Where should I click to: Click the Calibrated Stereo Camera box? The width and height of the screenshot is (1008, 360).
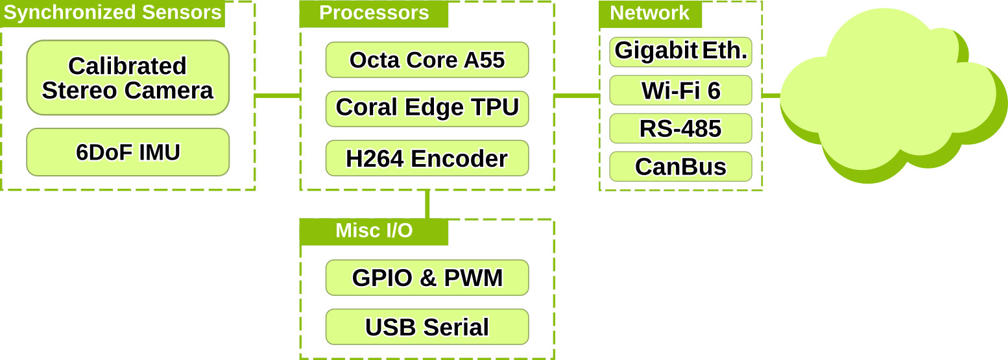[x=128, y=78]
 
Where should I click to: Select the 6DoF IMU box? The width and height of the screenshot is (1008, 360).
[x=128, y=152]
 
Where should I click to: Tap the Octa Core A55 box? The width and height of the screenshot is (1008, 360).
[x=427, y=60]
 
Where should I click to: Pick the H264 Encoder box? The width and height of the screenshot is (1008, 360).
[x=427, y=158]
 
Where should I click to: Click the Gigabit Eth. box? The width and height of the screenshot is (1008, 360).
[x=680, y=52]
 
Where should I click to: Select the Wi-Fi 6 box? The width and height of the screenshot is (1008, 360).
[x=680, y=90]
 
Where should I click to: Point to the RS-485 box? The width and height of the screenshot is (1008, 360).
[x=680, y=128]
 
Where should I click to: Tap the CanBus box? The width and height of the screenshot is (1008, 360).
[x=680, y=167]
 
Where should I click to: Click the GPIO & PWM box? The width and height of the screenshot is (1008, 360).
[x=427, y=278]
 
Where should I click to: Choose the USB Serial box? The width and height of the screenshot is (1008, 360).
[x=427, y=327]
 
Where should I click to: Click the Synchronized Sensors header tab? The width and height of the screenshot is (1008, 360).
[x=112, y=14]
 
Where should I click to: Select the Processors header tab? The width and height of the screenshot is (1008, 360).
[x=374, y=14]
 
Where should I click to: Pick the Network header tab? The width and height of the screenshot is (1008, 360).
[x=650, y=14]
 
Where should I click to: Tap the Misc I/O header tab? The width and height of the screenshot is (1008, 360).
[x=374, y=232]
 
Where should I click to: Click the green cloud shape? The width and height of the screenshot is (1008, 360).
[x=889, y=97]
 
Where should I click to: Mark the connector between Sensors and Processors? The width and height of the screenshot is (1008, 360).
[x=278, y=96]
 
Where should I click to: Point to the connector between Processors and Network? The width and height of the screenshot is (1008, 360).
[x=577, y=96]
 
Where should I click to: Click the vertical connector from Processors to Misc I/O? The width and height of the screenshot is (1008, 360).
[x=427, y=204]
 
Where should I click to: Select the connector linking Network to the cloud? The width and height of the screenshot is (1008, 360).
[x=771, y=95]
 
